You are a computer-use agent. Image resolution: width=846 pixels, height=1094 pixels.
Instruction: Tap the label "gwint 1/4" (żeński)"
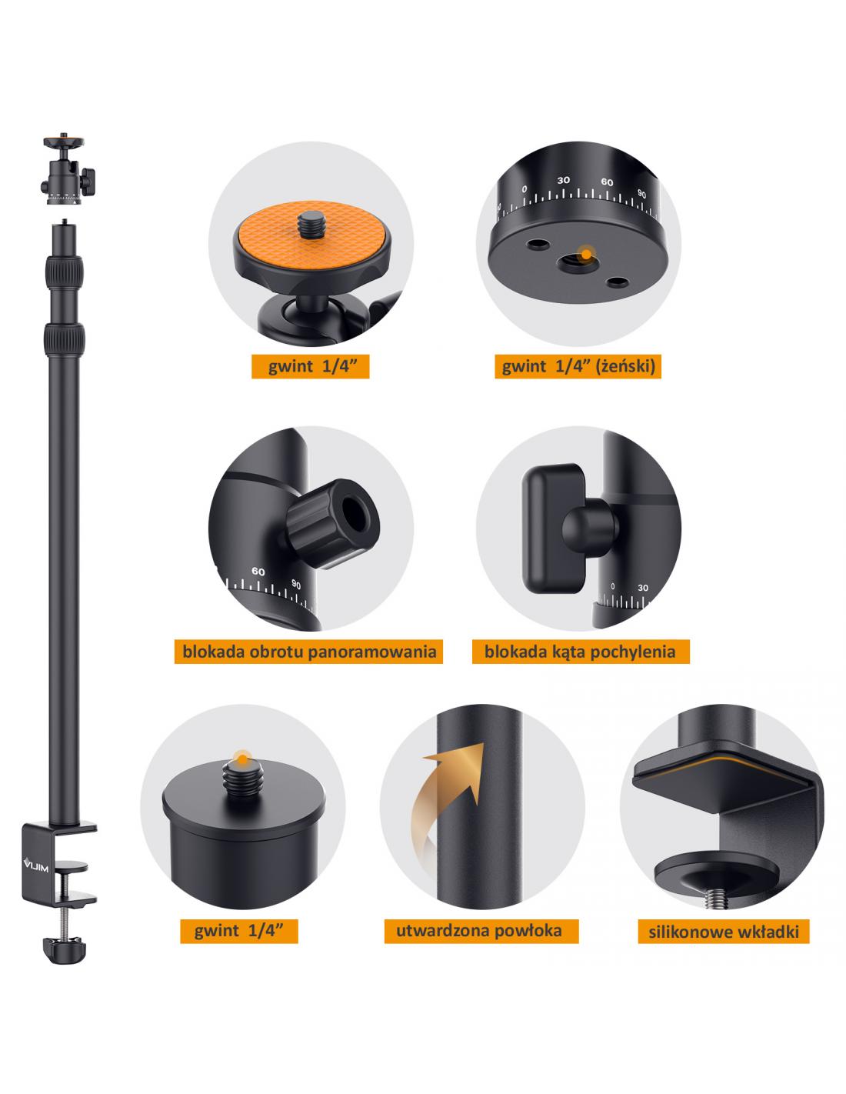pyautogui.click(x=578, y=366)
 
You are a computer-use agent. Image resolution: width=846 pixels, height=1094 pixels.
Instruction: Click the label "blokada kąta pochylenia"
pyautogui.click(x=580, y=652)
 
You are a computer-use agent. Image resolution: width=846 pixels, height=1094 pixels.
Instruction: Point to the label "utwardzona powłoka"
pyautogui.click(x=481, y=931)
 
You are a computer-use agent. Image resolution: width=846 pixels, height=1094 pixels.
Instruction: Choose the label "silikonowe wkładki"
pyautogui.click(x=724, y=932)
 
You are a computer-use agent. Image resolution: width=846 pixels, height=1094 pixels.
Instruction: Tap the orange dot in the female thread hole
pyautogui.click(x=586, y=254)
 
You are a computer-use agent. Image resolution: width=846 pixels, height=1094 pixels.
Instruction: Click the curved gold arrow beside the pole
pyautogui.click(x=446, y=811)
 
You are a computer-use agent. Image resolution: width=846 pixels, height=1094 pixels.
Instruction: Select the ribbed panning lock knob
pyautogui.click(x=333, y=524)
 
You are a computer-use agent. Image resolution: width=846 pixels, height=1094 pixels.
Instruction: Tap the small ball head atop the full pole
pyautogui.click(x=67, y=170)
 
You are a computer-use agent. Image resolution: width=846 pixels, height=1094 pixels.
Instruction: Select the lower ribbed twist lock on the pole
pyautogui.click(x=64, y=341)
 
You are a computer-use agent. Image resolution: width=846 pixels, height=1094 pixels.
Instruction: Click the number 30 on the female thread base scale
pyautogui.click(x=563, y=180)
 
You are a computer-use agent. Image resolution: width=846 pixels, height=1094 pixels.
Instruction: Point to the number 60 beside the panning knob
pyautogui.click(x=258, y=572)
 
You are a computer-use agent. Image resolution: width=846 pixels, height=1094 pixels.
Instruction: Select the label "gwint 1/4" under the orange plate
pyautogui.click(x=311, y=366)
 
